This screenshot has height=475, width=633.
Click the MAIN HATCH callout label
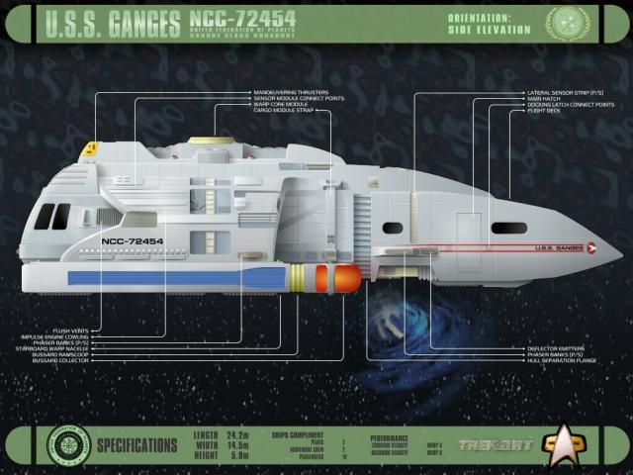544,99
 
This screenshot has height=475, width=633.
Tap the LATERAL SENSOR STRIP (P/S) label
559,93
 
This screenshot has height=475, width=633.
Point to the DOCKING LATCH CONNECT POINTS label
571,105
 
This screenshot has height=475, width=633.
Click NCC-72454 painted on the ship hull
132,240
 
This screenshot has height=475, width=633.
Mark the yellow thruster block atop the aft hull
88,149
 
